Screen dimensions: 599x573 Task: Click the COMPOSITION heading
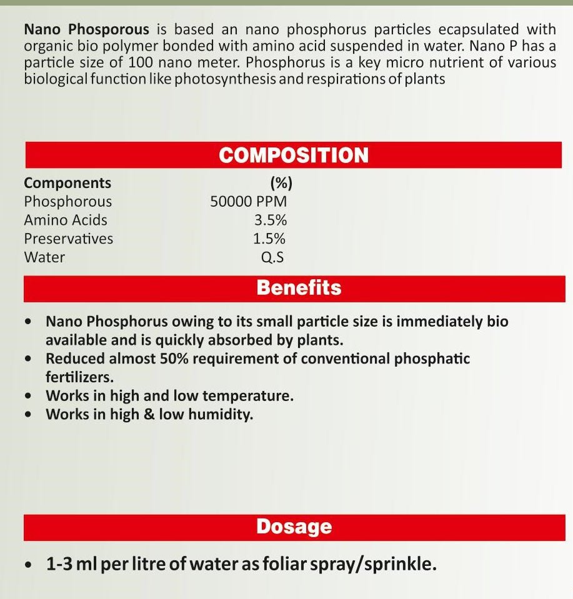point(294,156)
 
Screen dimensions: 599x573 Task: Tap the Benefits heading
point(299,288)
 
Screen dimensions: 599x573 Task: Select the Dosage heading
point(293,527)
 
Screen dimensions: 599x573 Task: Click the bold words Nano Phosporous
point(86,29)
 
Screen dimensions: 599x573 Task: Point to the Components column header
point(67,183)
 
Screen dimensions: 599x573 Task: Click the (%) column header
point(281,183)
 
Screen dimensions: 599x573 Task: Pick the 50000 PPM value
point(249,202)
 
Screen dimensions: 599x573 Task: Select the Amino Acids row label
point(66,220)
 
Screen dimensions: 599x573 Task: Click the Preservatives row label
point(69,239)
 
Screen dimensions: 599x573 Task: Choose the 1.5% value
point(269,239)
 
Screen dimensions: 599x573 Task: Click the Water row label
point(44,257)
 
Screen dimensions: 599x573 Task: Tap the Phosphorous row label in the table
point(68,202)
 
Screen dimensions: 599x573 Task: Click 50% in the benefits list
point(179,359)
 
